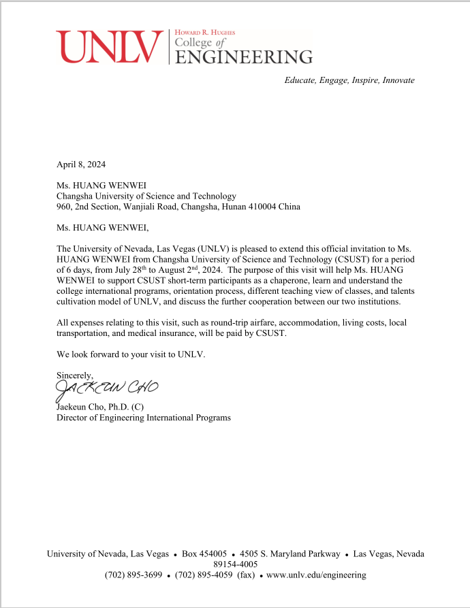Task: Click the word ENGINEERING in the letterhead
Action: (x=244, y=56)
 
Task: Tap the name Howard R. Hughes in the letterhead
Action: (x=205, y=32)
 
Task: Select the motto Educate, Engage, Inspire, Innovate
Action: (x=349, y=80)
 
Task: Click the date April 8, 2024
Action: (x=81, y=164)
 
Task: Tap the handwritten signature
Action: (x=106, y=388)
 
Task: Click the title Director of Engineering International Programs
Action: (x=143, y=418)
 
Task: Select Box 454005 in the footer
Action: (x=204, y=554)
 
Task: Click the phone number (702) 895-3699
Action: (x=134, y=575)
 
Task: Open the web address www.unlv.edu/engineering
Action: (x=316, y=575)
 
